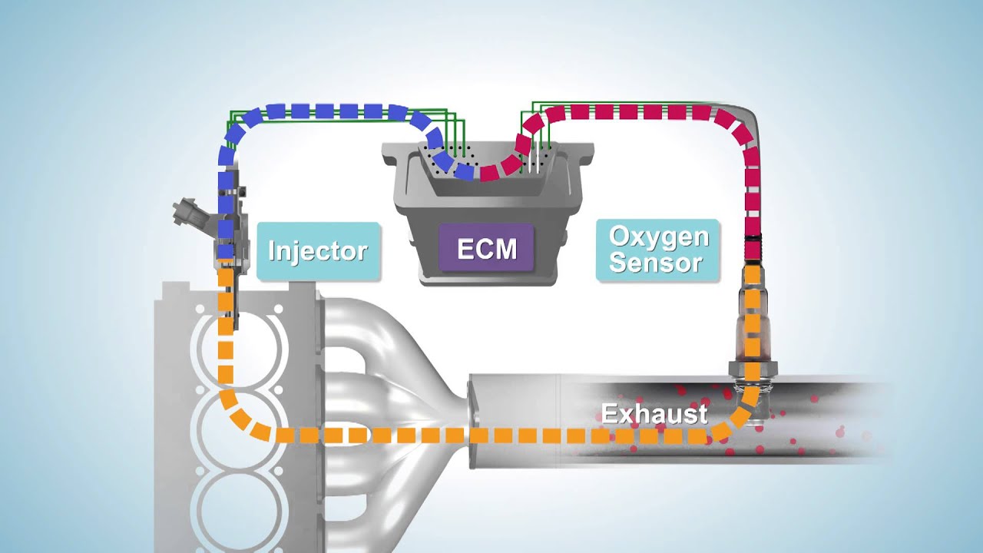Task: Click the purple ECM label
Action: pyautogui.click(x=486, y=247)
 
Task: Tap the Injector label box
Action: pyautogui.click(x=318, y=251)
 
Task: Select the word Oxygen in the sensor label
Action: pyautogui.click(x=659, y=237)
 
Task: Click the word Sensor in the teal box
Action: pyautogui.click(x=656, y=263)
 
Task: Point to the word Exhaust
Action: pyautogui.click(x=654, y=414)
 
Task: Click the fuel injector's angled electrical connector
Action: pyautogui.click(x=192, y=216)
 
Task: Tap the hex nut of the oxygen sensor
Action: pyautogui.click(x=752, y=368)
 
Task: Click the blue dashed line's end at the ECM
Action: pyautogui.click(x=465, y=172)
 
